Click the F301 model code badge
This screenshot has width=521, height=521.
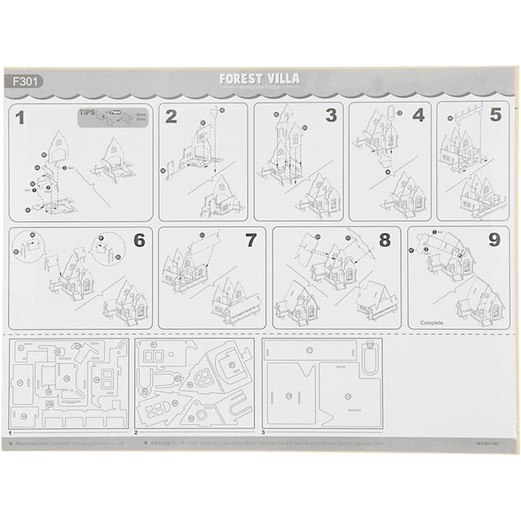(24, 81)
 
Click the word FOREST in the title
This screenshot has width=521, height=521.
(242, 79)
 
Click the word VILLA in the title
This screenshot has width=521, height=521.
(284, 79)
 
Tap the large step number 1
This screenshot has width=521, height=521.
(20, 118)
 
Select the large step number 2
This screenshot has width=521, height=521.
(170, 116)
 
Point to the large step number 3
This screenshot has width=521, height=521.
(331, 115)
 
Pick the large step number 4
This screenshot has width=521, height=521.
(418, 115)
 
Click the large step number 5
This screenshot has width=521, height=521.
(496, 115)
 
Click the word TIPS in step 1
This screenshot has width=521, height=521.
(89, 114)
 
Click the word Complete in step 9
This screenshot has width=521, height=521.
(432, 322)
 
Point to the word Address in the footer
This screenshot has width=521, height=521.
(151, 444)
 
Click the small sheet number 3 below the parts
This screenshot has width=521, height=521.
(263, 432)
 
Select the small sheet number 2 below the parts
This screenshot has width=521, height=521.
(136, 432)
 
